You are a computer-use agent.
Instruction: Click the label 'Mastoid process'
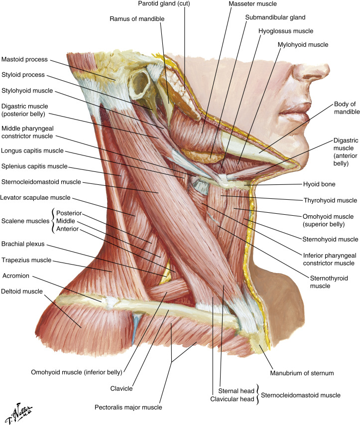tap(24, 59)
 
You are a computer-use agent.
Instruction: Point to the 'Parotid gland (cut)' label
tap(164, 3)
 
